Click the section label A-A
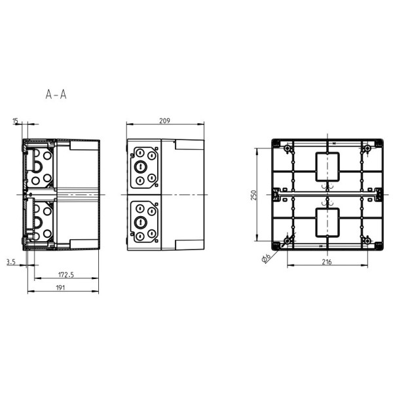56,95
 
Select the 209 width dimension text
166,120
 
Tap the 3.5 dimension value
11,262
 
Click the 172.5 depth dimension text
65,274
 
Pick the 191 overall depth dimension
60,287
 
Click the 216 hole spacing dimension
326,262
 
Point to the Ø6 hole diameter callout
267,257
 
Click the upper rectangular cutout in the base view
327,167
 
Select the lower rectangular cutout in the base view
327,223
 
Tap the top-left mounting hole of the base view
288,149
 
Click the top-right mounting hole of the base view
367,149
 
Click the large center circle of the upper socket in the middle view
140,167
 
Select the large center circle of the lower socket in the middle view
140,223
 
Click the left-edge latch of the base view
276,195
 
